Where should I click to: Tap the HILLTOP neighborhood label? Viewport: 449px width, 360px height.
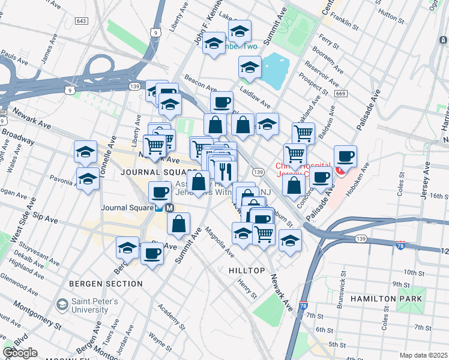click(x=247, y=271)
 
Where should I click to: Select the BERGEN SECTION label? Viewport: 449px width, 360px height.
click(x=106, y=283)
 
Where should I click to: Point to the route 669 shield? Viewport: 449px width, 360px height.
click(x=341, y=94)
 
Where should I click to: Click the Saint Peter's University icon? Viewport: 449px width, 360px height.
click(x=61, y=305)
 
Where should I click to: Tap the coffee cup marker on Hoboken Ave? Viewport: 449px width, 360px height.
click(x=345, y=157)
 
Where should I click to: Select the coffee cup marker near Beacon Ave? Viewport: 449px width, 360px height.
click(x=221, y=101)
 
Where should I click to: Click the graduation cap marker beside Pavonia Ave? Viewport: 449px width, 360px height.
click(x=88, y=178)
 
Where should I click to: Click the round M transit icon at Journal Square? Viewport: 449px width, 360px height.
click(x=169, y=208)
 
